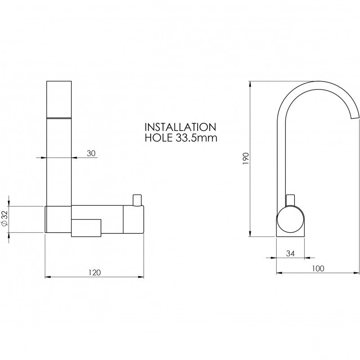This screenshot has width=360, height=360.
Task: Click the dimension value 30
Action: [x=91, y=153]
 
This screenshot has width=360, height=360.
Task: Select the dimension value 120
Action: [x=94, y=273]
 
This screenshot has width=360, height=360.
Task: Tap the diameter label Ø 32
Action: [x=5, y=219]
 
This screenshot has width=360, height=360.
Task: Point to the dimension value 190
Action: [x=246, y=158]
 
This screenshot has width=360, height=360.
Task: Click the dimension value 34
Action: [x=290, y=253]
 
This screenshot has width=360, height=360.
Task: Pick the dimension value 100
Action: [x=318, y=268]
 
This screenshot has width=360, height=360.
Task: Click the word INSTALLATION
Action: [x=180, y=127]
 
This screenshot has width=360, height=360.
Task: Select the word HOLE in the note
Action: [x=159, y=138]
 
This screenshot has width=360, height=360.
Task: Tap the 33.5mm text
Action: [x=197, y=138]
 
